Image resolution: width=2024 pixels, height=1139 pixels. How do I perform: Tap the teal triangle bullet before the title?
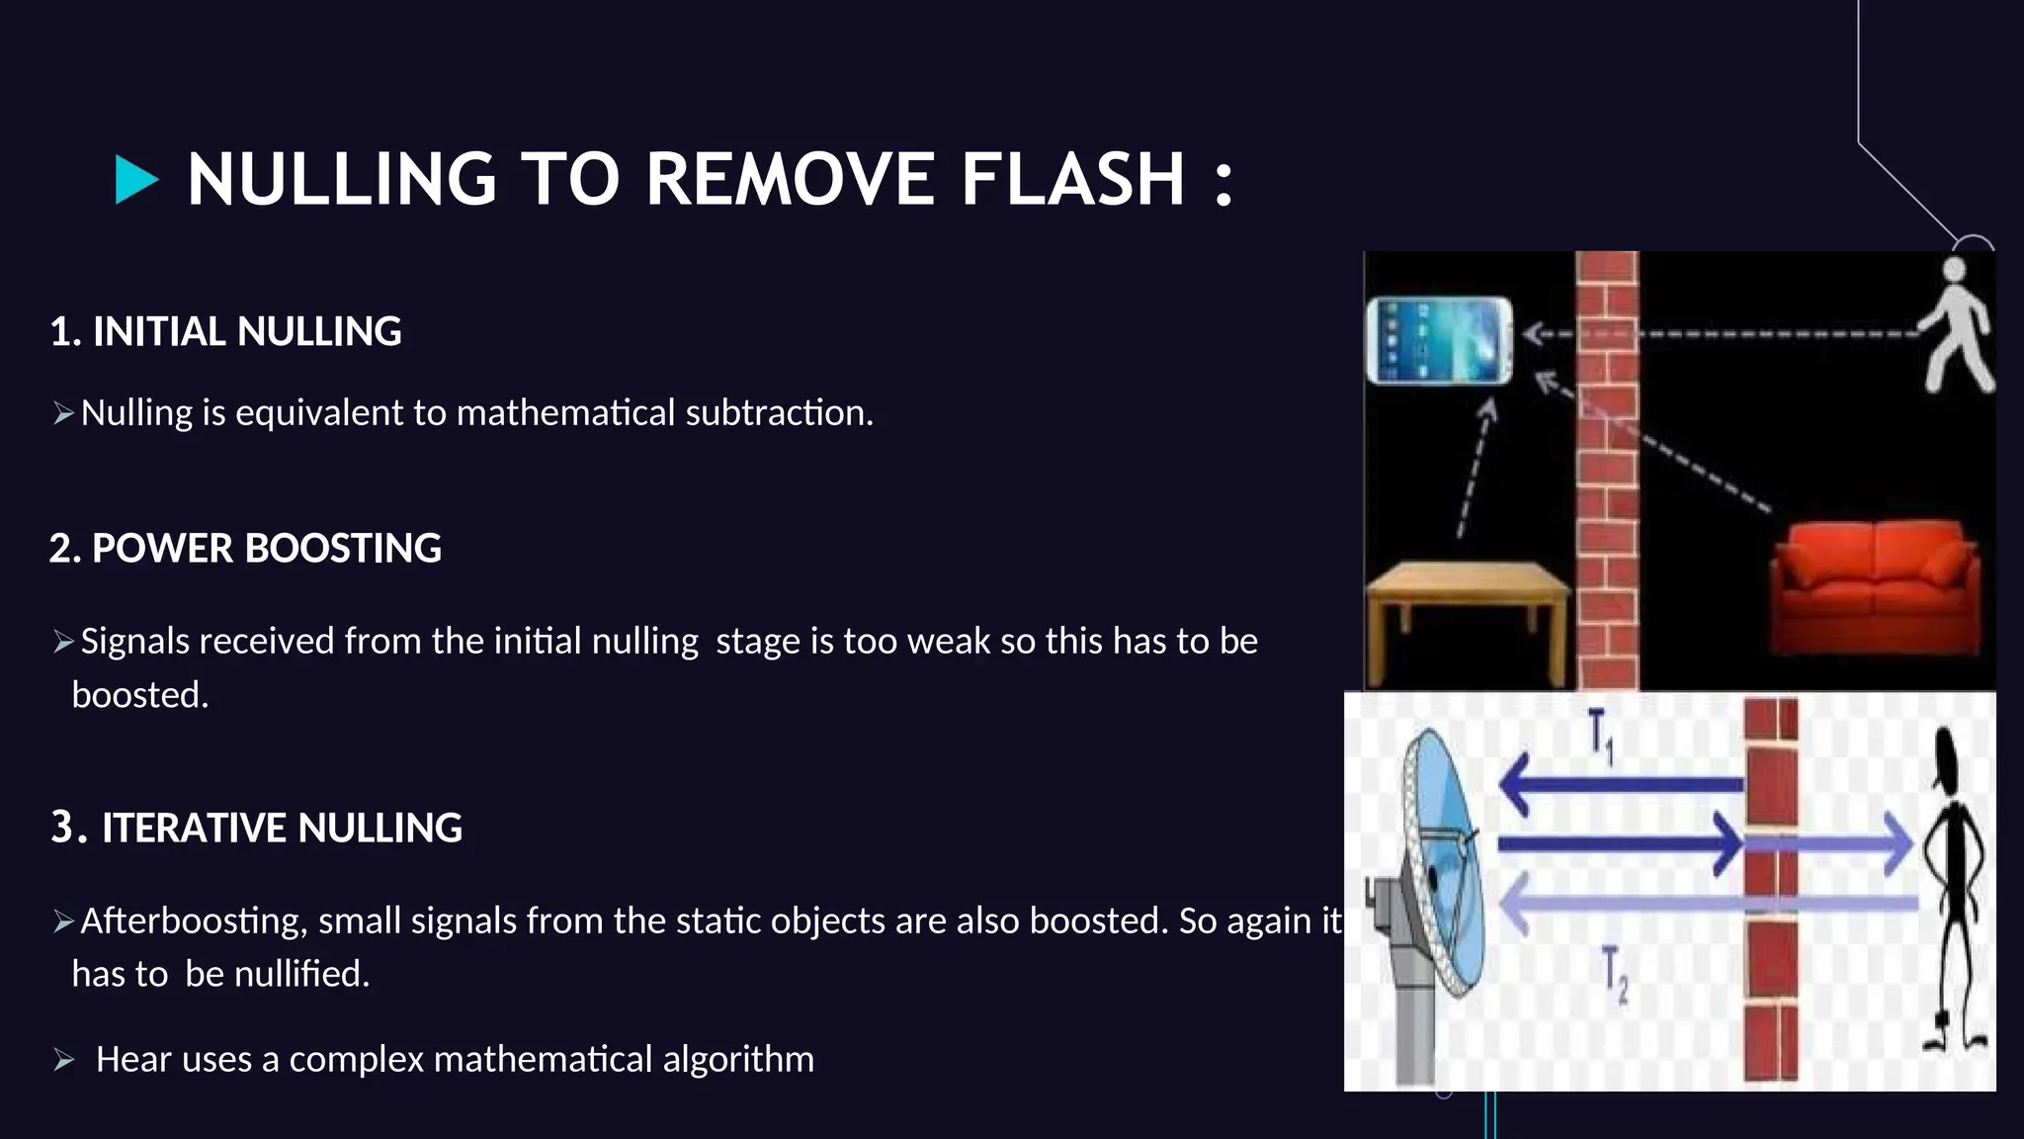(x=136, y=180)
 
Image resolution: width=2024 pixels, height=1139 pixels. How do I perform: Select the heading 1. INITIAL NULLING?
(x=225, y=331)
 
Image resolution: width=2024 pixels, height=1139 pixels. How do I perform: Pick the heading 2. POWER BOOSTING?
(x=245, y=548)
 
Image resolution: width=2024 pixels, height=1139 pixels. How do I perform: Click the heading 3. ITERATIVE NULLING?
(x=257, y=828)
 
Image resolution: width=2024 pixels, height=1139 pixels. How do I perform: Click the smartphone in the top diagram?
(x=1439, y=340)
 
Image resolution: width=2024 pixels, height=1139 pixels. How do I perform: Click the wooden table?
(x=1467, y=605)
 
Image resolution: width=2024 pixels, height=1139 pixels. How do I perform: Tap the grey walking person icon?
(x=1955, y=325)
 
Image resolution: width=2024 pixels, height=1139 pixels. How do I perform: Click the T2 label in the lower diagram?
(x=1615, y=974)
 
